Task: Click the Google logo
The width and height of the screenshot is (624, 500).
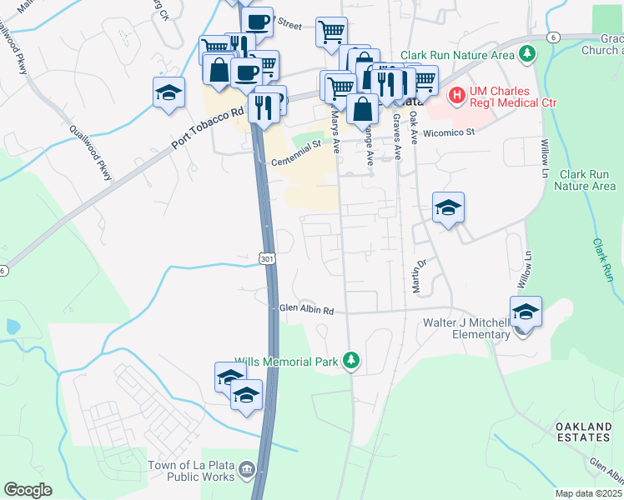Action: (x=28, y=490)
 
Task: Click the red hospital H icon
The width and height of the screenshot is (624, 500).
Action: (x=456, y=97)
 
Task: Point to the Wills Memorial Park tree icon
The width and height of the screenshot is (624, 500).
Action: (x=352, y=361)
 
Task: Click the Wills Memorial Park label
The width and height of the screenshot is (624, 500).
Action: (x=285, y=361)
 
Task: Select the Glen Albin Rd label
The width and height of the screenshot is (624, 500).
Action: (x=306, y=310)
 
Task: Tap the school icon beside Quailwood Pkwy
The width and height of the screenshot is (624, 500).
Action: (x=169, y=93)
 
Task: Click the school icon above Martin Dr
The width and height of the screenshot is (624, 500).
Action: (x=448, y=208)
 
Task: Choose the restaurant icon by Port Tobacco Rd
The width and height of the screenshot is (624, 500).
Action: (x=264, y=106)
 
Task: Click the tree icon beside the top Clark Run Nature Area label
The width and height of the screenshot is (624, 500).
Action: (x=526, y=55)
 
